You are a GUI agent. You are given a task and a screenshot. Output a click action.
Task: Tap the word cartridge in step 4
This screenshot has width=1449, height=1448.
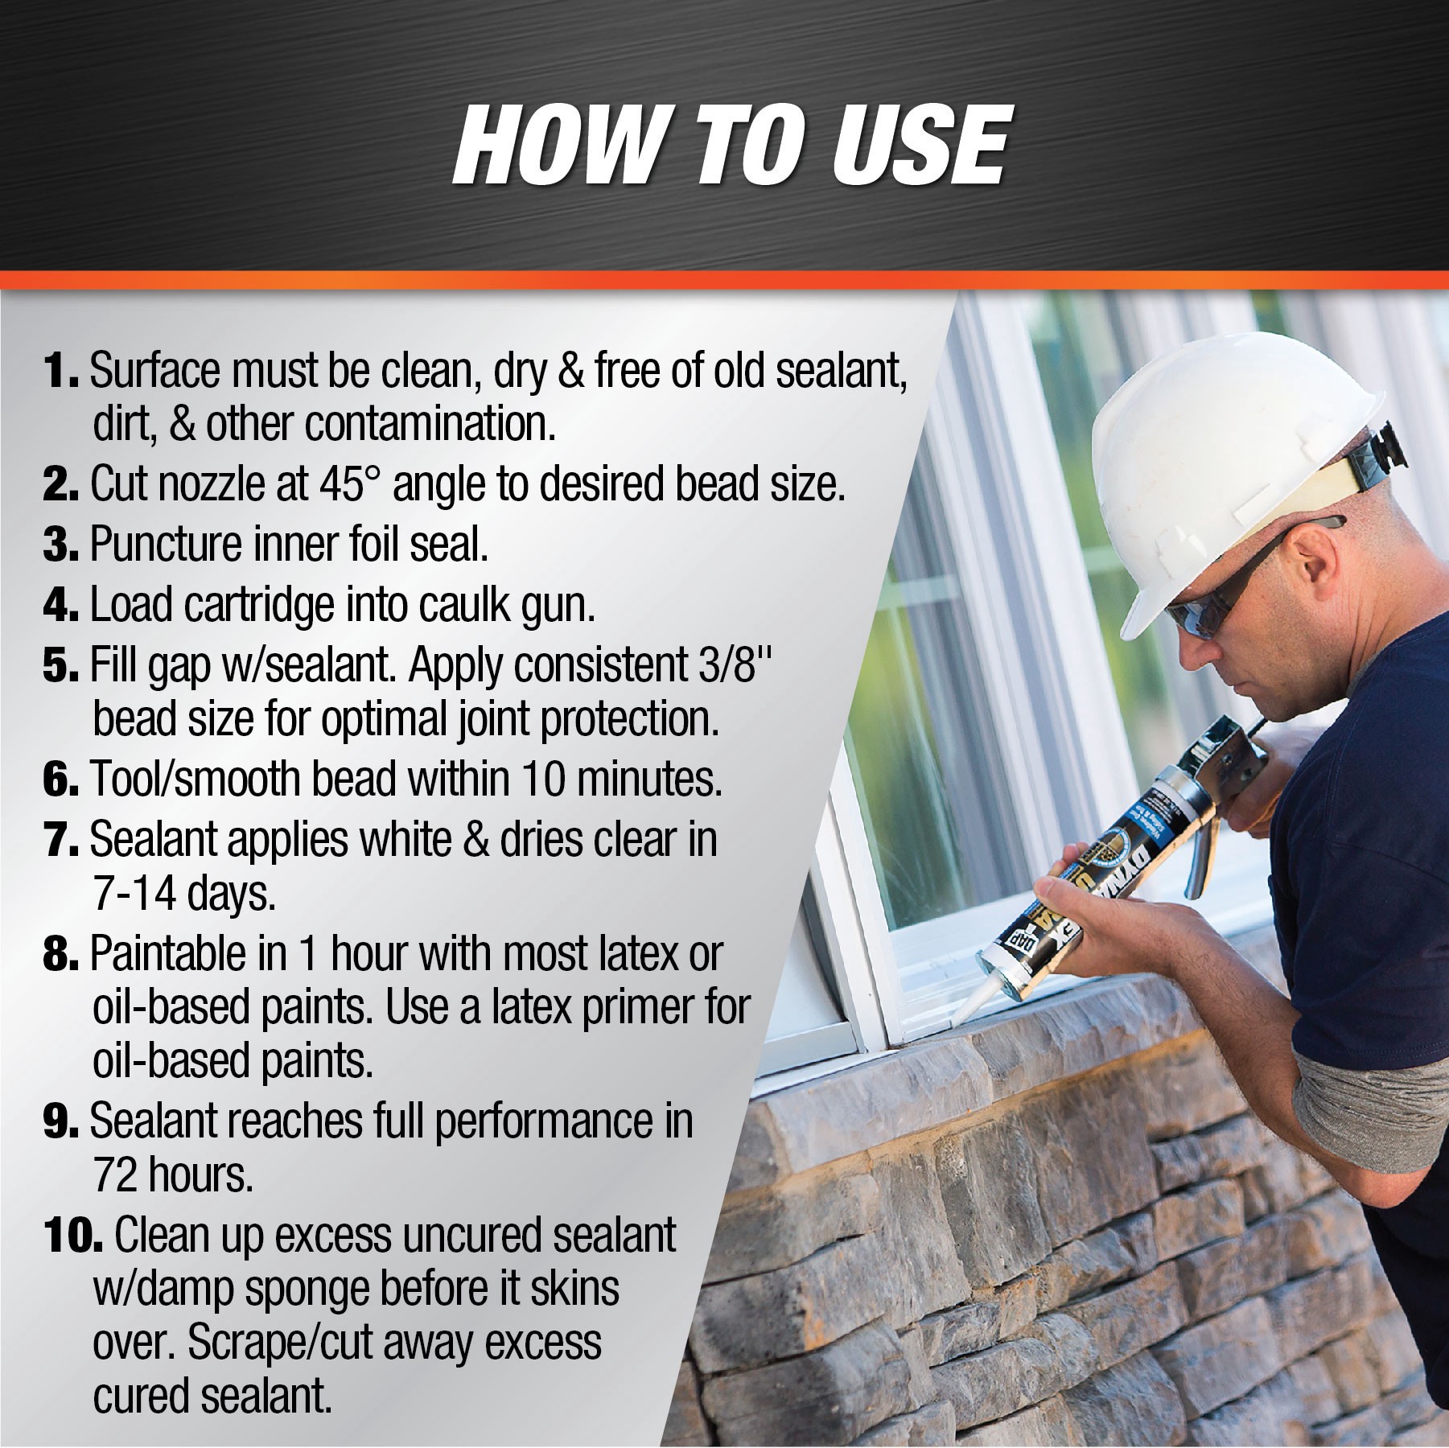click(258, 605)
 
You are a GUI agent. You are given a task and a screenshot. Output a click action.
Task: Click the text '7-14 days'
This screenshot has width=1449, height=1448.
click(184, 894)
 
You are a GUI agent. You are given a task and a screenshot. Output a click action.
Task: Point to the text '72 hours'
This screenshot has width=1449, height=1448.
click(173, 1175)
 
